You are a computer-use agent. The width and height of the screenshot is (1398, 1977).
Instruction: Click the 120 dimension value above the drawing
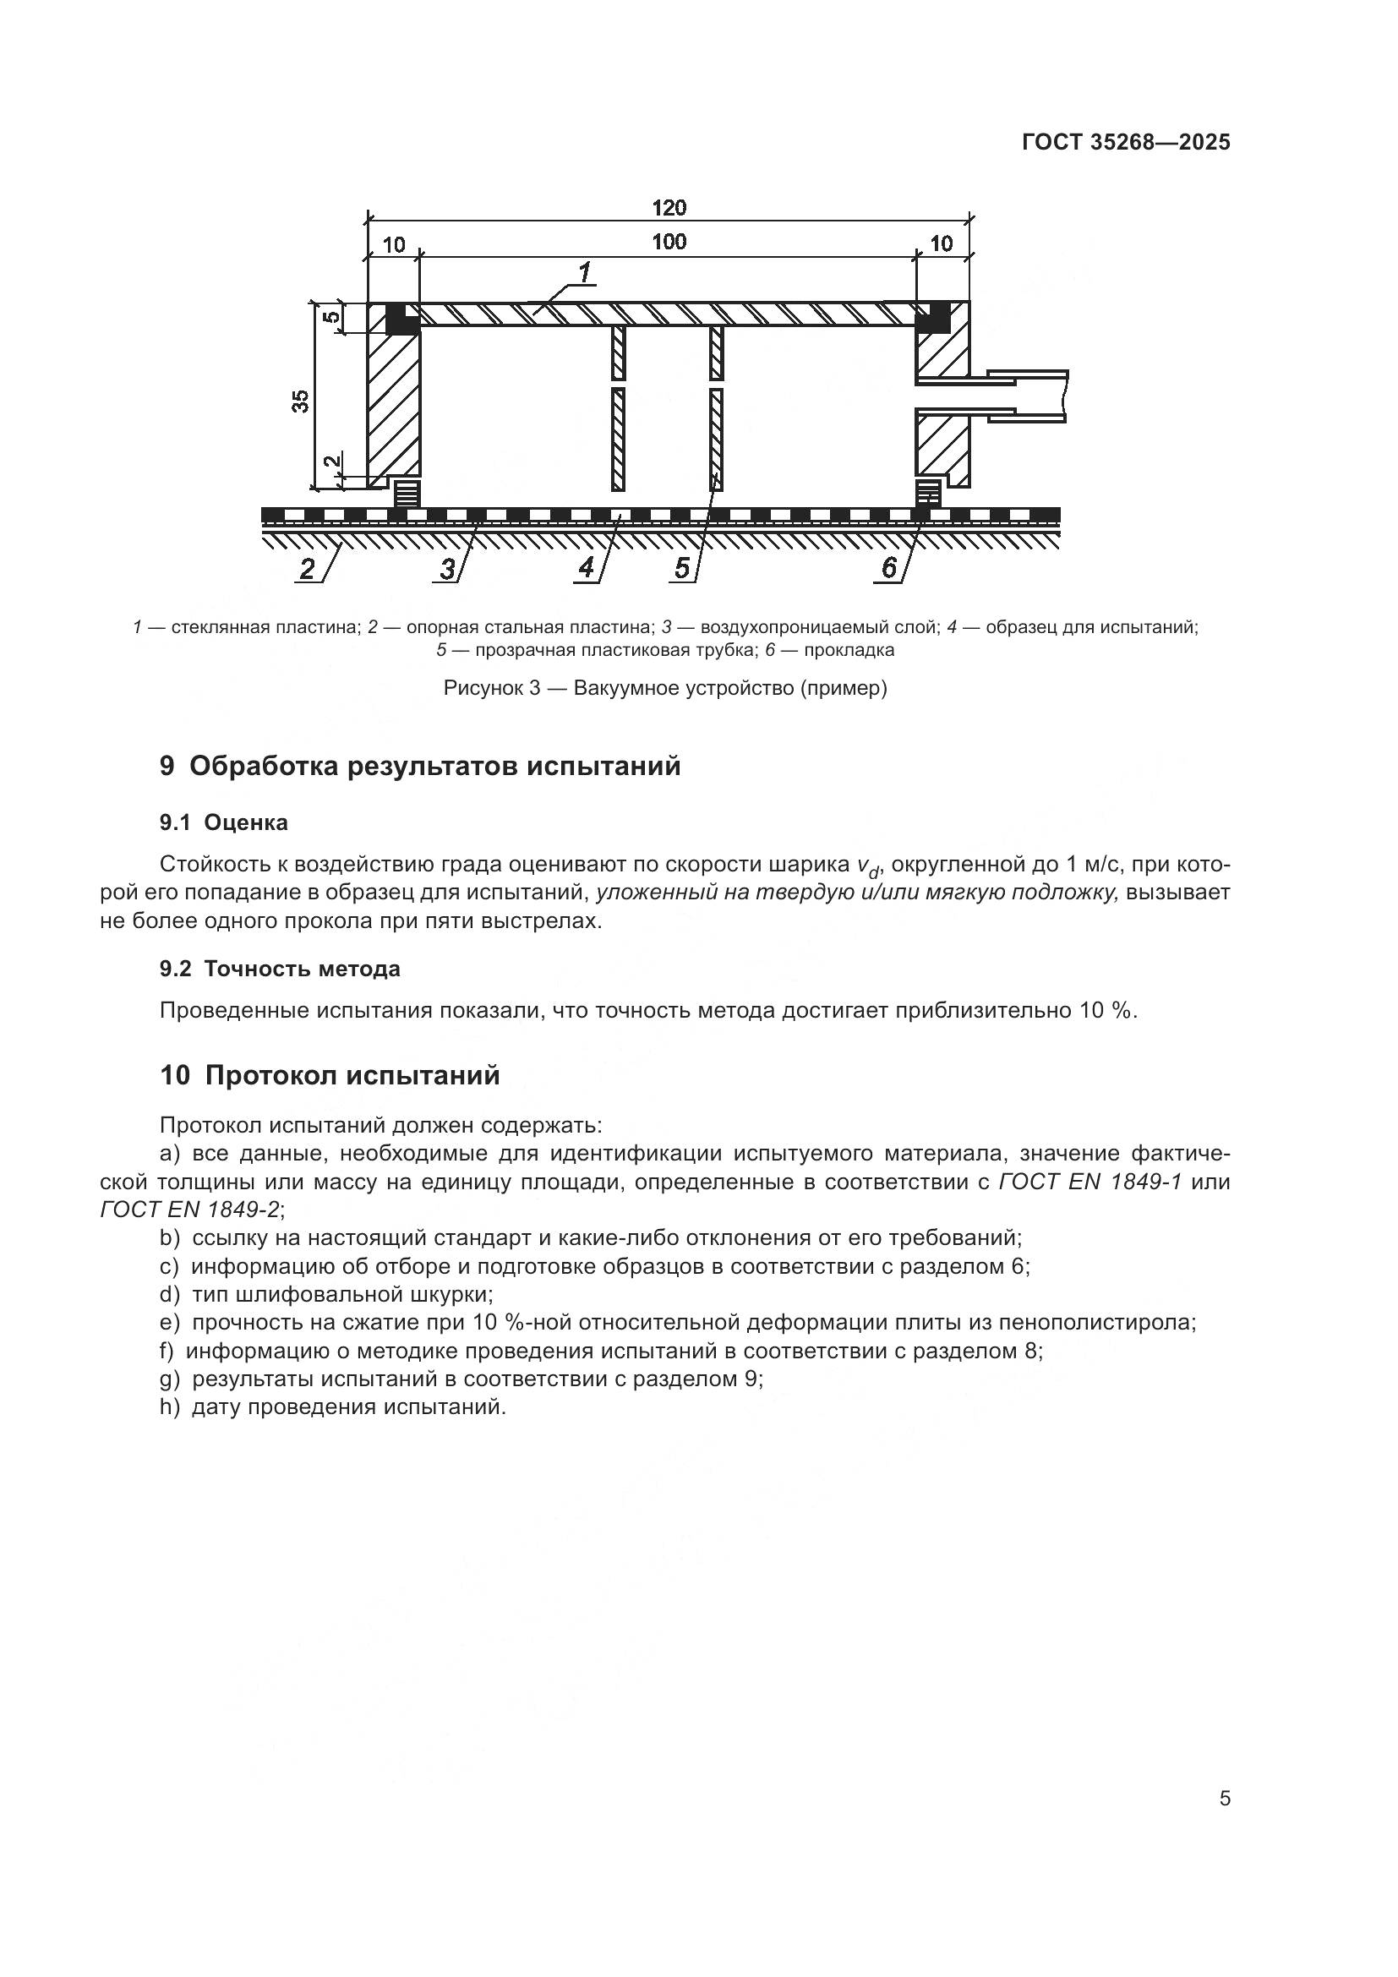coord(669,208)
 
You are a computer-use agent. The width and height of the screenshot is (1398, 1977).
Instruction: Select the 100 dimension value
coord(669,242)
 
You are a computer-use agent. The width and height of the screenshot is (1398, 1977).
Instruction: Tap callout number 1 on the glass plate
coord(585,274)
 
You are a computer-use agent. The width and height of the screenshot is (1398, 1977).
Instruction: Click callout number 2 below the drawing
coord(308,569)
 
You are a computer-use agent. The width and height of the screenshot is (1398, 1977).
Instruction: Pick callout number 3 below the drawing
coord(448,569)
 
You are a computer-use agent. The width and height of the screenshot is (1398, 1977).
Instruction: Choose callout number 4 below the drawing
coord(587,568)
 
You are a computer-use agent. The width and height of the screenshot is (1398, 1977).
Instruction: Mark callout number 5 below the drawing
coord(682,569)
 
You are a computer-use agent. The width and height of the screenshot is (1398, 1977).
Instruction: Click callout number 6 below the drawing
coord(889,567)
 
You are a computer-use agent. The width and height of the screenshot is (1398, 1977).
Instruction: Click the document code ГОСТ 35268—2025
coord(1126,143)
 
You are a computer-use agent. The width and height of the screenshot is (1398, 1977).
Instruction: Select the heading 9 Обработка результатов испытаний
coord(420,766)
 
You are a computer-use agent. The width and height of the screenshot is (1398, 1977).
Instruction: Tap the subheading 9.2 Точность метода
coord(280,969)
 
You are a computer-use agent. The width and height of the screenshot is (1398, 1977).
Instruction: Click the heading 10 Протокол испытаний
coord(330,1075)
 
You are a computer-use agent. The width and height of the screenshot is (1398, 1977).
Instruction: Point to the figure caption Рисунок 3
coord(664,688)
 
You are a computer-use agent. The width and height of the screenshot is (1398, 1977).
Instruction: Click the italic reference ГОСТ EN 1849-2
coord(189,1210)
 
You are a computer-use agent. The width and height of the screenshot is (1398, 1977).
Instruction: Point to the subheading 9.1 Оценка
coord(224,822)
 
